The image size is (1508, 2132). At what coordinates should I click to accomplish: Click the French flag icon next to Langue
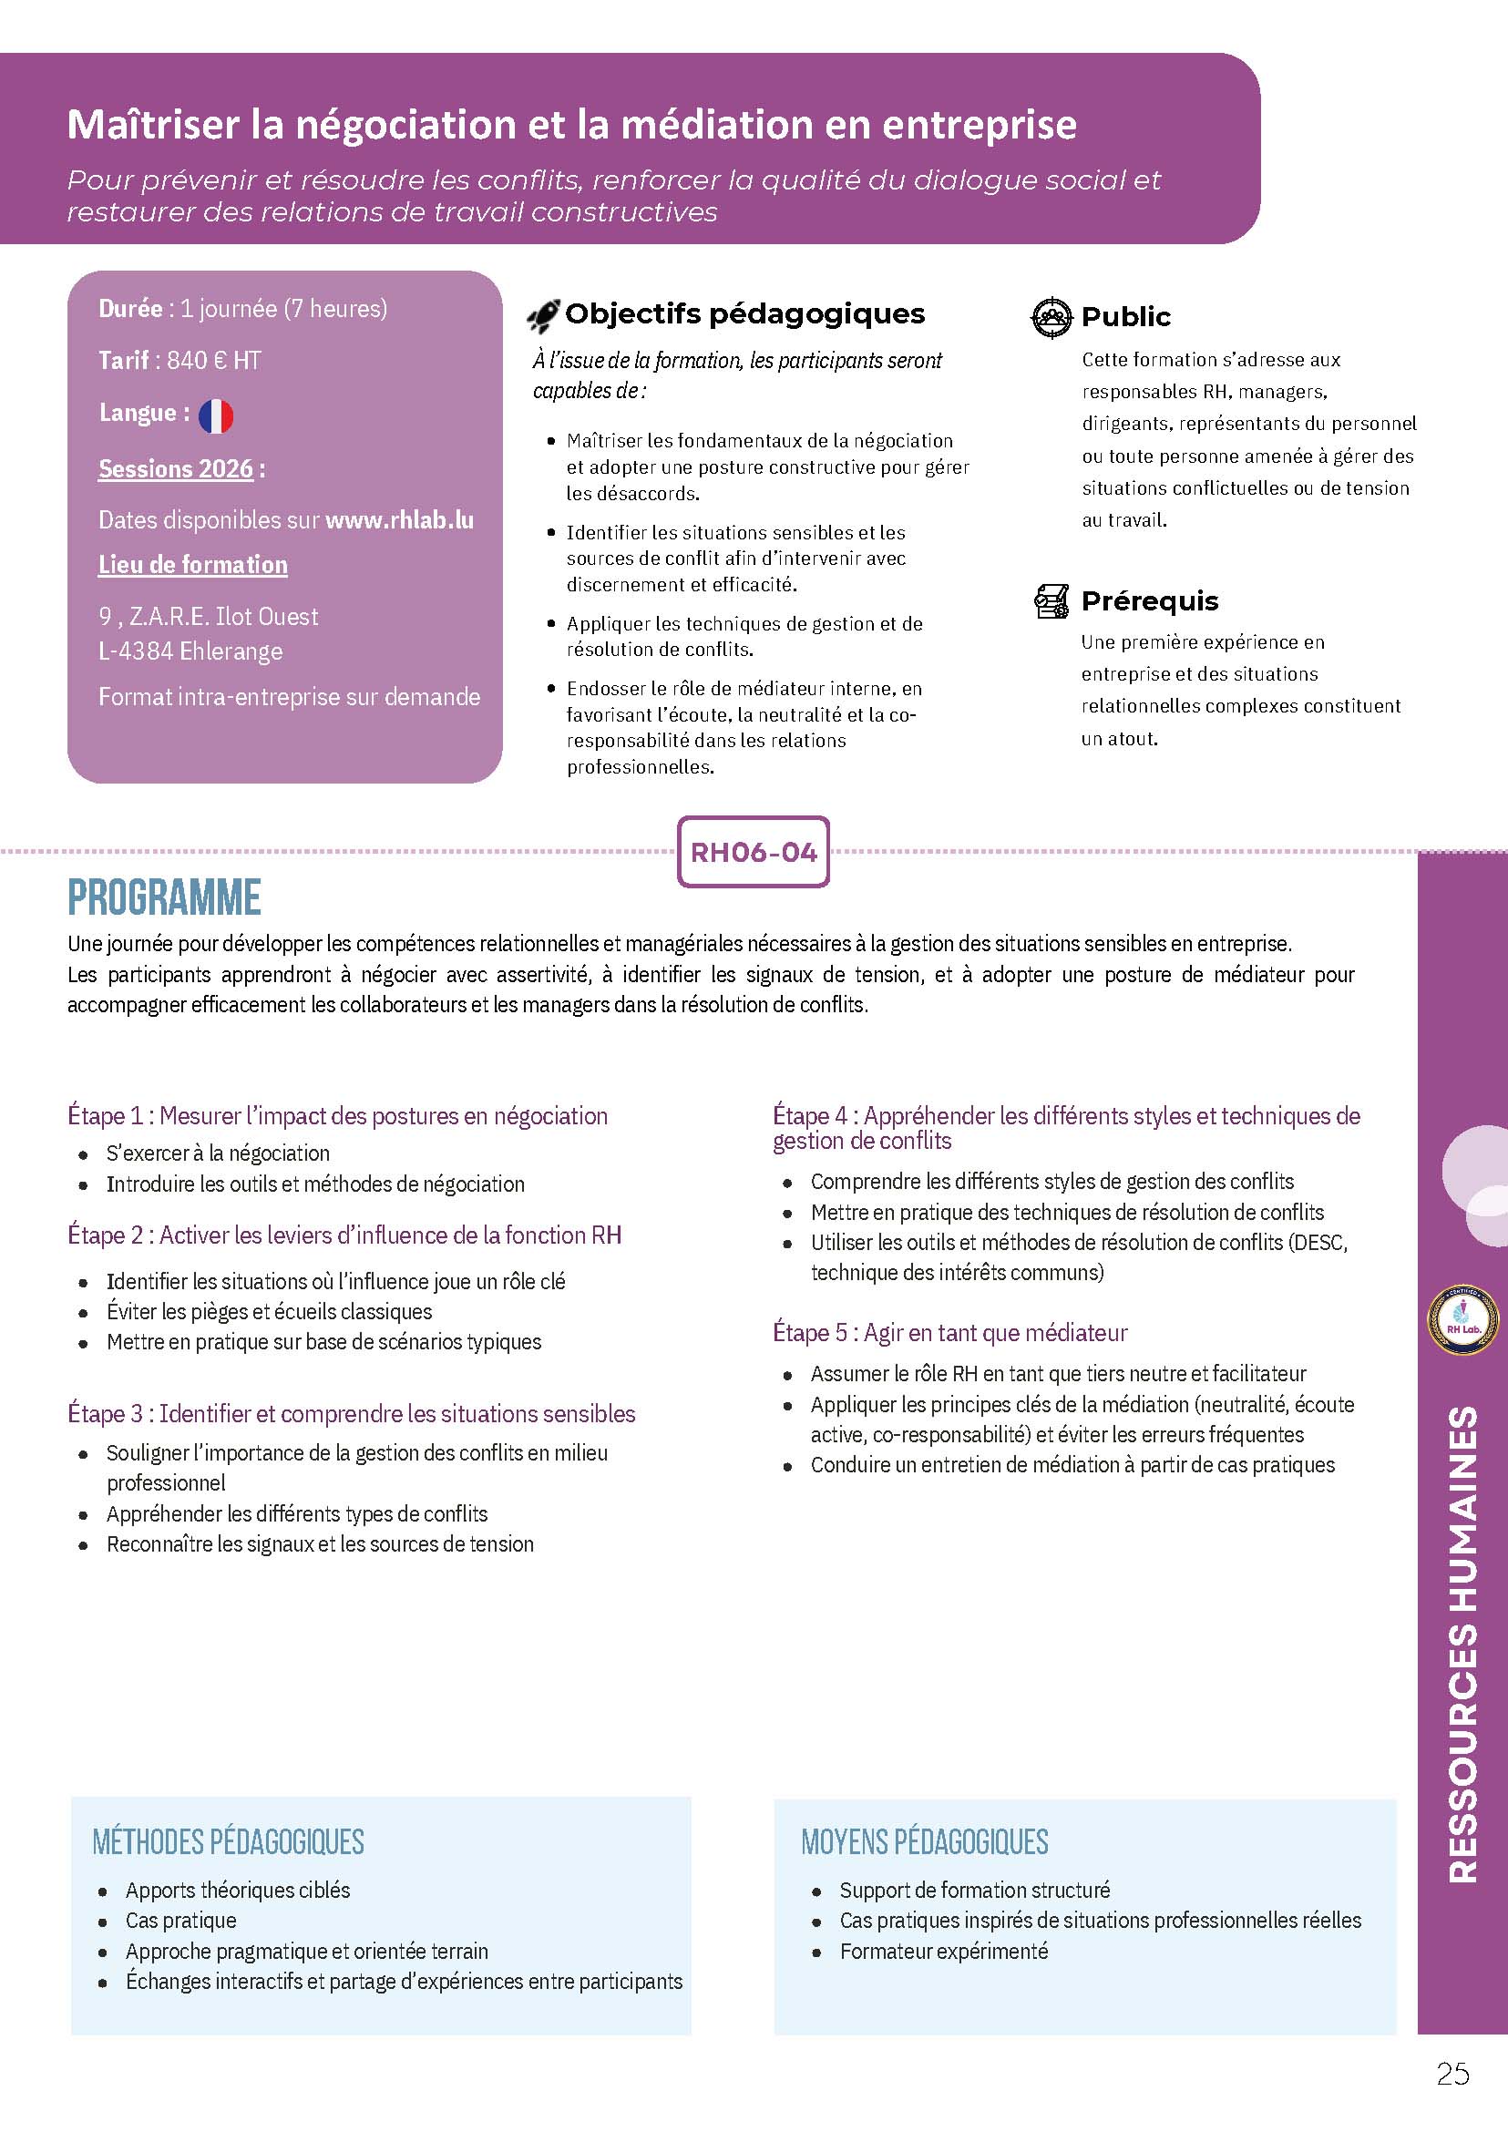pos(215,416)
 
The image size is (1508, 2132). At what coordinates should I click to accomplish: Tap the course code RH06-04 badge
pos(753,853)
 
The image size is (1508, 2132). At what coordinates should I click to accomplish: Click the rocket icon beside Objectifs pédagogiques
pos(543,317)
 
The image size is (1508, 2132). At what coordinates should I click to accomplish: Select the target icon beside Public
pos(1052,318)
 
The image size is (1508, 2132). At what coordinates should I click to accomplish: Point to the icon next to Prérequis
pos(1052,601)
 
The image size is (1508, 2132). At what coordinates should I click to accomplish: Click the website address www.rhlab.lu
pos(399,520)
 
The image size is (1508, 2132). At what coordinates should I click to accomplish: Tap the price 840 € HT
pos(213,360)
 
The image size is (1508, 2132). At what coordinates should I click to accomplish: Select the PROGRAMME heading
pos(164,898)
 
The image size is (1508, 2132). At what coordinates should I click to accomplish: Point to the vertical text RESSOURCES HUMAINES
pos(1463,1644)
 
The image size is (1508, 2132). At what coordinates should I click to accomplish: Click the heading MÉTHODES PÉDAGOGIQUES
pos(229,1842)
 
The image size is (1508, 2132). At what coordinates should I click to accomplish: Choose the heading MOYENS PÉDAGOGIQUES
pos(925,1842)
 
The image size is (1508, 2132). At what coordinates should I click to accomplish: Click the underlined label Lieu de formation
pos(193,565)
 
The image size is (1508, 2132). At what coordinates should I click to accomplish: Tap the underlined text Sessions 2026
pos(176,469)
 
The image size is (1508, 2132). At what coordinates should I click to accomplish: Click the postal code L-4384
pos(136,651)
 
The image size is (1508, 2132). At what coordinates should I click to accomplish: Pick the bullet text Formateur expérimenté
pos(943,1952)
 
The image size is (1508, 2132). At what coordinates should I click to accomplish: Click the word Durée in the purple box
pos(130,308)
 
